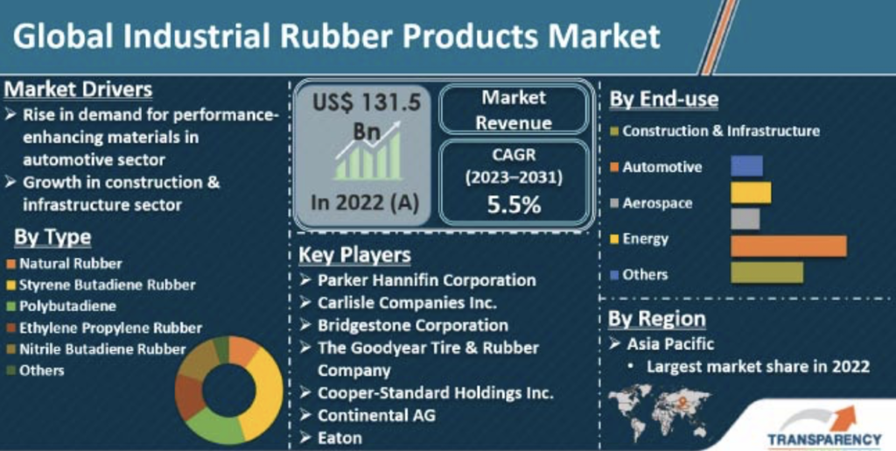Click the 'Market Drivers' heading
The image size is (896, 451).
click(x=78, y=89)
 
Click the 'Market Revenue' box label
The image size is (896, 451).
click(x=514, y=109)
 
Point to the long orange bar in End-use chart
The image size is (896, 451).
click(x=788, y=246)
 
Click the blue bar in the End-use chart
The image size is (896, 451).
click(x=747, y=166)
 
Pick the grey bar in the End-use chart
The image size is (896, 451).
click(x=745, y=219)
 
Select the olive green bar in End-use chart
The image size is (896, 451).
click(x=766, y=272)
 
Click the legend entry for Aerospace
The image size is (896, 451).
click(x=651, y=203)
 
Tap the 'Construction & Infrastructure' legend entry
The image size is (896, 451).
click(x=715, y=130)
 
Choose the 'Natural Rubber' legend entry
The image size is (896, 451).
click(x=65, y=264)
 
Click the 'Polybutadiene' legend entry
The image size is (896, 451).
click(x=62, y=306)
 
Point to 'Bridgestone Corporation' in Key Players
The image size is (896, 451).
click(x=413, y=325)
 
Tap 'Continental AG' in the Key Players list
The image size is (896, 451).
click(x=368, y=414)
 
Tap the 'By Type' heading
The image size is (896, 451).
click(x=52, y=237)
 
